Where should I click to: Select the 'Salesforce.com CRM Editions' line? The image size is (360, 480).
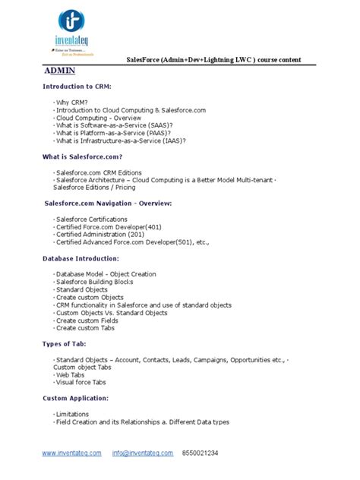98,173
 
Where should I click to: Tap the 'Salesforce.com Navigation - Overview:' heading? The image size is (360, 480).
108,204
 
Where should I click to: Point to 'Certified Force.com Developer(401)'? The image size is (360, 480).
107,227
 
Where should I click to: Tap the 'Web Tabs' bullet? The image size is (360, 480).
71,375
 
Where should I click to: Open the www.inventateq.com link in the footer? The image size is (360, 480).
72,453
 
